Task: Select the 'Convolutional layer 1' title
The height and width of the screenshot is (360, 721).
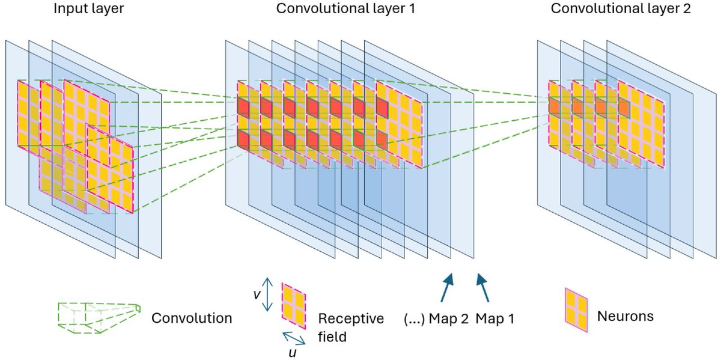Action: [x=345, y=10]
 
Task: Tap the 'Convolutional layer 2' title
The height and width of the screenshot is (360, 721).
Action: [x=621, y=10]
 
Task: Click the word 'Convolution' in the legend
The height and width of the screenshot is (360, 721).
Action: [x=192, y=318]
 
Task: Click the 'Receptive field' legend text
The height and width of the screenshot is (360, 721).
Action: [x=350, y=328]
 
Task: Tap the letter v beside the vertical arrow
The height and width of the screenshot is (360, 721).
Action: [x=257, y=295]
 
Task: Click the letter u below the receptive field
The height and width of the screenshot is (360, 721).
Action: [x=292, y=352]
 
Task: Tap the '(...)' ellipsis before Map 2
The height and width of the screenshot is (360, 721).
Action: [x=414, y=318]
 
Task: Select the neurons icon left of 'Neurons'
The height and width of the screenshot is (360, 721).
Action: [x=576, y=310]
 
